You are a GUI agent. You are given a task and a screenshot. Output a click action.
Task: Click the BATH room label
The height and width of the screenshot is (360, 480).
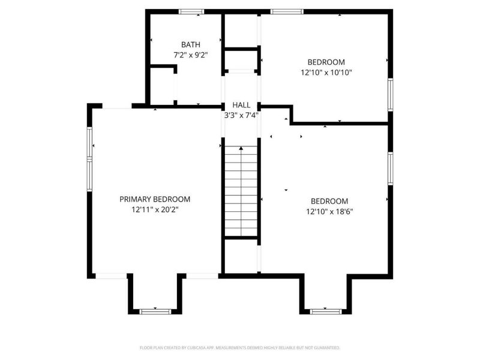191,44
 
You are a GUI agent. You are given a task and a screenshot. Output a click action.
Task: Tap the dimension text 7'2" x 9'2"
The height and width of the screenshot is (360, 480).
191,55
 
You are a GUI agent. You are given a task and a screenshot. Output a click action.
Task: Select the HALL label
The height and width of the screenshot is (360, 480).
241,105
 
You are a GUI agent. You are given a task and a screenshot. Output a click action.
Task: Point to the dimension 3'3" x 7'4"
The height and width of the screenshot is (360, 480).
241,115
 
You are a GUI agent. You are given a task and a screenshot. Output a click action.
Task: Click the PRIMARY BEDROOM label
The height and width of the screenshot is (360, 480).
155,199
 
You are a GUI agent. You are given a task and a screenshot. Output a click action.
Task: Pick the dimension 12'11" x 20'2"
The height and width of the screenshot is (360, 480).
155,210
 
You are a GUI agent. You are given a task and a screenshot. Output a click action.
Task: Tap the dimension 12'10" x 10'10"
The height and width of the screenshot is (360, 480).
326,72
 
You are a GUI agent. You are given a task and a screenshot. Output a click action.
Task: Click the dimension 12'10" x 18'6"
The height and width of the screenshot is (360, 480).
329,211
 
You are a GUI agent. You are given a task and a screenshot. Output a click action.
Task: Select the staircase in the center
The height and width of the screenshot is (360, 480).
241,192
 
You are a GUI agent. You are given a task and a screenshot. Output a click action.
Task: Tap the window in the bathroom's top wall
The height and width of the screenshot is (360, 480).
192,11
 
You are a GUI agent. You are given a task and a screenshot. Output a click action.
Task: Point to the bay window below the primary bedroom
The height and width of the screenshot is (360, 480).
155,311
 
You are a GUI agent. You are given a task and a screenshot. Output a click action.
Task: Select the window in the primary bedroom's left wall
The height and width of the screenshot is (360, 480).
90,154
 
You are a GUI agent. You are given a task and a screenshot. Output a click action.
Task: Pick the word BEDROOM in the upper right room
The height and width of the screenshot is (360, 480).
326,62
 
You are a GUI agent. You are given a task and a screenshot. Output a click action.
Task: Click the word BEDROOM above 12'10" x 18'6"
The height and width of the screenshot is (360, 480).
329,201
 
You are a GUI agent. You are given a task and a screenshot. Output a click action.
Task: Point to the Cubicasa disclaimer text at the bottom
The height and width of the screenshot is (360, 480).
240,347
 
